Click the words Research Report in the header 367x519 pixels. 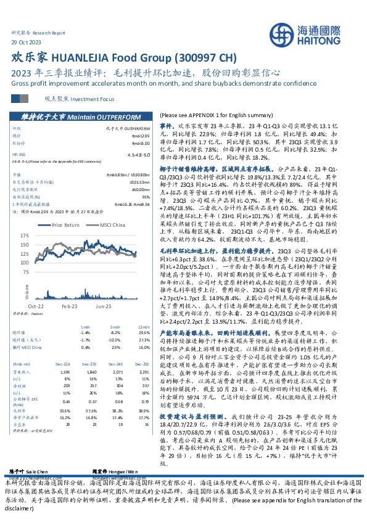click(x=48, y=32)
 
